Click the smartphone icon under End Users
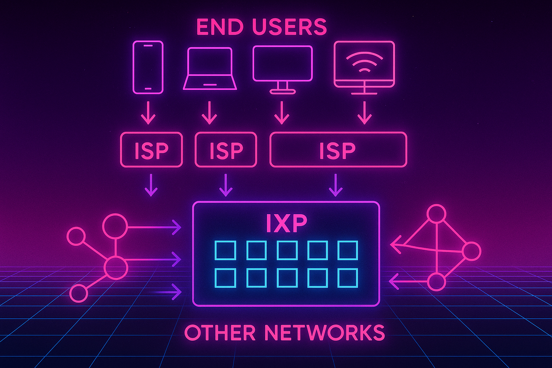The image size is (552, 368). click(148, 67)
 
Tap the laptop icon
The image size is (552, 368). click(210, 69)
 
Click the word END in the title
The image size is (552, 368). click(220, 27)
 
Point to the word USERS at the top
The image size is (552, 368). click(290, 27)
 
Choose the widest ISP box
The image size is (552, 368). click(338, 150)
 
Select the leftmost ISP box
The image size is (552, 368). click(151, 150)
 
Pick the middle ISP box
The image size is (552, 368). click(226, 150)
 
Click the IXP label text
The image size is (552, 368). click(286, 223)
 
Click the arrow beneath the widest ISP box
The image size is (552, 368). click(336, 185)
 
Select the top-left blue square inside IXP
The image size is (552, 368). click(225, 250)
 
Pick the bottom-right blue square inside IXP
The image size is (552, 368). click(348, 278)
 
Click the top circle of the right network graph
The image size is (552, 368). click(436, 214)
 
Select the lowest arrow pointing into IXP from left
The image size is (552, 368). click(169, 291)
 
